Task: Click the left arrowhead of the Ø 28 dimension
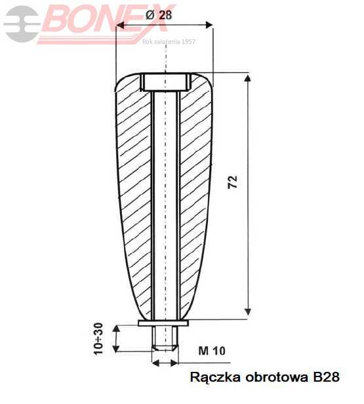(120, 26)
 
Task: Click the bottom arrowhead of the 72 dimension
(248, 311)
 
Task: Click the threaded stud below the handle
(165, 337)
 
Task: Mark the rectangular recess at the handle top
(165, 82)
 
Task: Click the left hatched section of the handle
(134, 197)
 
